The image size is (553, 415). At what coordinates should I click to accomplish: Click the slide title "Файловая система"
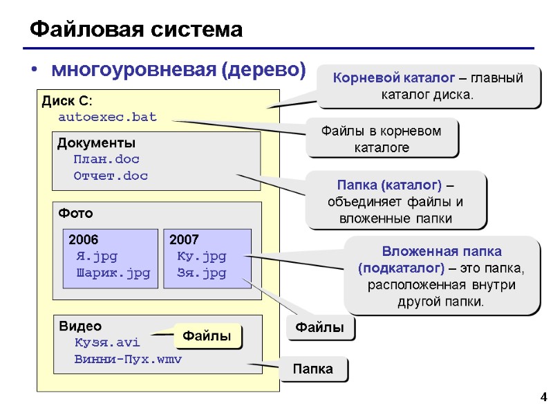click(135, 30)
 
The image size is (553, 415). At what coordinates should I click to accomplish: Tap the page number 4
click(543, 397)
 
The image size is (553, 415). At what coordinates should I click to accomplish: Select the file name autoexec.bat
click(107, 117)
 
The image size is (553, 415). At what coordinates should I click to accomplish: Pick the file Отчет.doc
click(111, 176)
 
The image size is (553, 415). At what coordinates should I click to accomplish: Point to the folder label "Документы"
click(96, 143)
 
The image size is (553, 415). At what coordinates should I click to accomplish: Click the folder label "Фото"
click(75, 213)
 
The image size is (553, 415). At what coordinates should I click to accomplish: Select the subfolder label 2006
click(84, 240)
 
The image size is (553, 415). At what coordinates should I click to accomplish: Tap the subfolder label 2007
click(184, 240)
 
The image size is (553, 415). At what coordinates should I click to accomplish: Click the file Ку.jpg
click(201, 257)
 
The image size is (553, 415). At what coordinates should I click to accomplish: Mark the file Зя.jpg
click(201, 273)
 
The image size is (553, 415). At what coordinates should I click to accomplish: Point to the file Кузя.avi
click(106, 342)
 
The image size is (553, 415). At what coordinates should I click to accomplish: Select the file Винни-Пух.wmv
click(128, 360)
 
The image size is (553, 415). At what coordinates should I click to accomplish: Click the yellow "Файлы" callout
click(206, 337)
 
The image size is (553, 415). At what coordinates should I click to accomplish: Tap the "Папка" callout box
click(313, 369)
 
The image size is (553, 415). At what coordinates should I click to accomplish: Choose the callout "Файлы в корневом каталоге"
click(382, 138)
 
